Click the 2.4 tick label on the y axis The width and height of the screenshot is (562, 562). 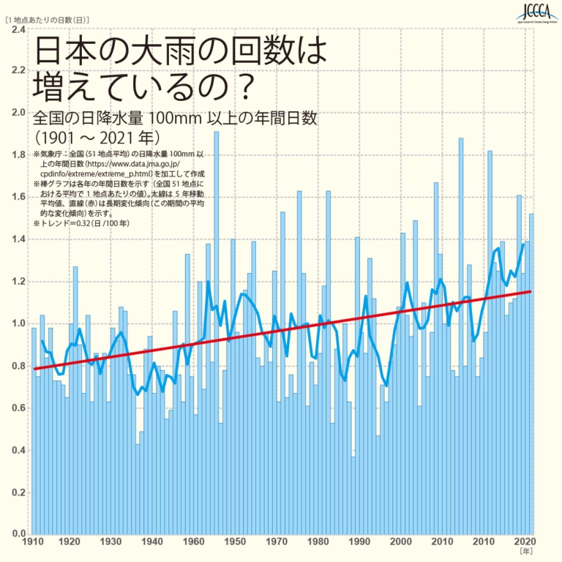tap(18, 30)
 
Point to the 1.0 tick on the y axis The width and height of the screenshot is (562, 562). tap(18, 323)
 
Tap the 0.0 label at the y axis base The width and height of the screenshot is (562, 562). tap(18, 533)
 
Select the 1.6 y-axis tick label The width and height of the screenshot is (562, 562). tap(18, 198)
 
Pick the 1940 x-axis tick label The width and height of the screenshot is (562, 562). tap(152, 542)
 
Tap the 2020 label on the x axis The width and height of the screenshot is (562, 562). tap(524, 542)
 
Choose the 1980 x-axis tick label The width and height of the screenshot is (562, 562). tap(318, 542)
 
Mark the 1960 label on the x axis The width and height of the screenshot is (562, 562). tap(193, 542)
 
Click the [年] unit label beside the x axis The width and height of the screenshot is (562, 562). tap(525, 551)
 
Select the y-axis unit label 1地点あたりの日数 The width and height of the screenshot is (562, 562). tap(48, 18)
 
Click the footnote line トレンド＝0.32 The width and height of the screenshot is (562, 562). tap(80, 222)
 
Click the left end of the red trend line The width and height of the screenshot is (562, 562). tap(34, 368)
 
